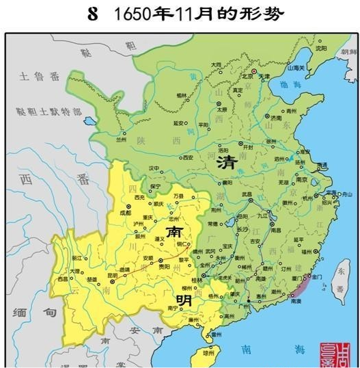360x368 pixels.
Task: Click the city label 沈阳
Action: click(321, 49)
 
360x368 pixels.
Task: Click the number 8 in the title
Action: click(93, 14)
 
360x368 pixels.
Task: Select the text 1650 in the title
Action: click(130, 14)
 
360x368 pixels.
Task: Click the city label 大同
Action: click(216, 64)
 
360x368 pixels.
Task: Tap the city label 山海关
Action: click(295, 68)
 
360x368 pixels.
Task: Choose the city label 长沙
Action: click(243, 229)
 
